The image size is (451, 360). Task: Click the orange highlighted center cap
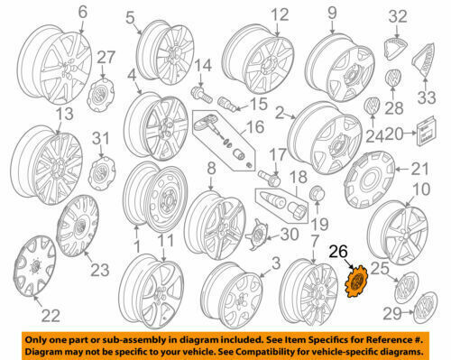point(356,282)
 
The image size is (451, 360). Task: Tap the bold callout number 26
point(338,252)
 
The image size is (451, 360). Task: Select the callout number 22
point(51,316)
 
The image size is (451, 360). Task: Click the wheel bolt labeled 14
point(201,94)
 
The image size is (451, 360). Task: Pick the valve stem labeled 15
point(226,104)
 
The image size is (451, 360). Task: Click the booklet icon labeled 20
point(426,131)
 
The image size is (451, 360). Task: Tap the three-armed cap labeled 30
point(257,234)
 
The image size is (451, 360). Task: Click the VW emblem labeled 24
point(373,106)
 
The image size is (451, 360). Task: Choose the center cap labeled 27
point(101,95)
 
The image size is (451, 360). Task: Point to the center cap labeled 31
point(102,172)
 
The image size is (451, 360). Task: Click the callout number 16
point(254,127)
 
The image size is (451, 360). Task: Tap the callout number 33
point(427,97)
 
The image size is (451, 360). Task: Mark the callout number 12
point(280,14)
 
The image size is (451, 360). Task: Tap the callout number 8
point(211,169)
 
